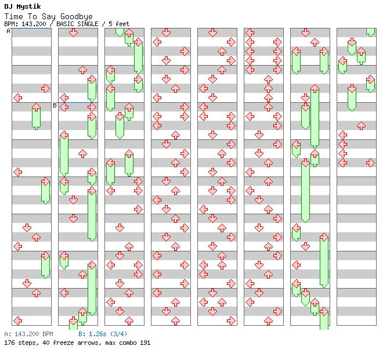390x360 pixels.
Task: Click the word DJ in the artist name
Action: [x=8, y=6]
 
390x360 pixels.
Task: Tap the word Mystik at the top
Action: [x=28, y=6]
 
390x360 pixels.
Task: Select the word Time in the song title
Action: [x=13, y=16]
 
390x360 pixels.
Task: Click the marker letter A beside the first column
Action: [x=8, y=31]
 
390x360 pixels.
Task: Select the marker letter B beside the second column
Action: [x=55, y=106]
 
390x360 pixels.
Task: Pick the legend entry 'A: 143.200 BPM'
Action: [x=28, y=334]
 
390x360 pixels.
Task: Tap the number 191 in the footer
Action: [x=145, y=343]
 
